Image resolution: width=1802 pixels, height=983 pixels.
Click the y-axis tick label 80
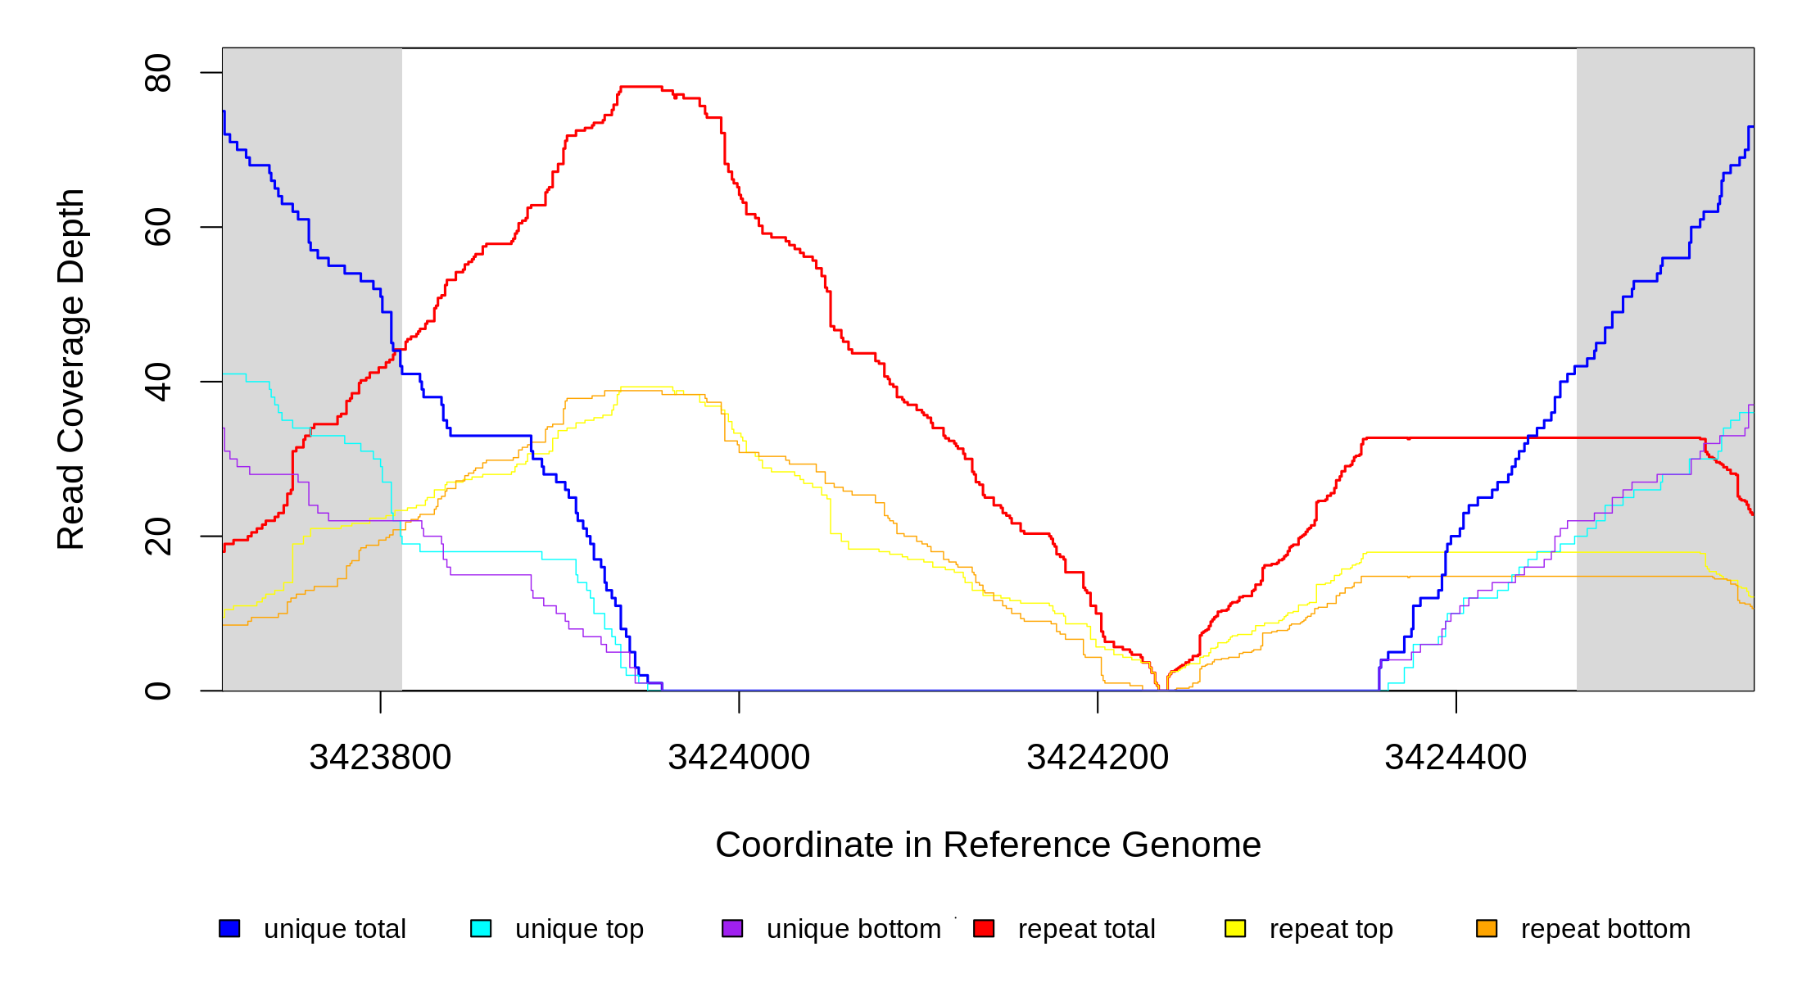[157, 73]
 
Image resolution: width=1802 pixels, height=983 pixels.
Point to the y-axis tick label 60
[157, 227]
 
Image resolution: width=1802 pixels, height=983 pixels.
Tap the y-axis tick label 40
[157, 382]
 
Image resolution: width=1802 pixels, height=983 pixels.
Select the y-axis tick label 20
[157, 537]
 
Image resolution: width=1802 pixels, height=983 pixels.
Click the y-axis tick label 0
[157, 691]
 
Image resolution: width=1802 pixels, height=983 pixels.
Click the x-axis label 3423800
[380, 758]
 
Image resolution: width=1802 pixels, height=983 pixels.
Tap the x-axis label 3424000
[739, 758]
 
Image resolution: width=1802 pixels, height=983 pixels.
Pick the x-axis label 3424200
[1098, 758]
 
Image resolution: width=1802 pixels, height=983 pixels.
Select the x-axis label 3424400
[1456, 758]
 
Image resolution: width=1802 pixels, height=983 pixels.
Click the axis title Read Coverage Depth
[70, 369]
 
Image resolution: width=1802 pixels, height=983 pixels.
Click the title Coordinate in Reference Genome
[988, 845]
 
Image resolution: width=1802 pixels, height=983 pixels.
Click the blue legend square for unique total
[229, 929]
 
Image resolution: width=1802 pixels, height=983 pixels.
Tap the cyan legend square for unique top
[481, 929]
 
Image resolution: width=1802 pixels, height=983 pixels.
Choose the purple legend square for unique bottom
[732, 929]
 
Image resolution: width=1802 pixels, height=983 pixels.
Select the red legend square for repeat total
[984, 929]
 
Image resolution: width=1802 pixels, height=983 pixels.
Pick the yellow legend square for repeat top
[1235, 929]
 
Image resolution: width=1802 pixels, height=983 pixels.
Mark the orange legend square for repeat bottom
[1487, 929]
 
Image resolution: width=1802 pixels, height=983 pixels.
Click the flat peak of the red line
[641, 86]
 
